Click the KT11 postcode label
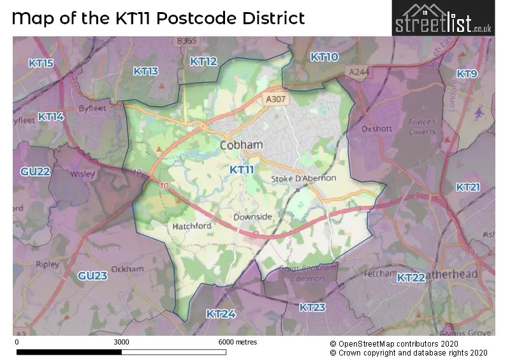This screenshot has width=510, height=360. pyautogui.click(x=242, y=169)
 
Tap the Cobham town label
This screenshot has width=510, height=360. pyautogui.click(x=241, y=145)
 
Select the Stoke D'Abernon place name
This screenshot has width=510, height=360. pyautogui.click(x=303, y=178)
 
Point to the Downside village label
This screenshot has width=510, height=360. pyautogui.click(x=252, y=217)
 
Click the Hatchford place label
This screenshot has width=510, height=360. pyautogui.click(x=191, y=226)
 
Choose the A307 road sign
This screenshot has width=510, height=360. pyautogui.click(x=275, y=99)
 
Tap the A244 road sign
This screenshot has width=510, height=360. pyautogui.click(x=358, y=73)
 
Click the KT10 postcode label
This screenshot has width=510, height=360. pyautogui.click(x=324, y=57)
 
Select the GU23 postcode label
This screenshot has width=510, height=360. pyautogui.click(x=92, y=276)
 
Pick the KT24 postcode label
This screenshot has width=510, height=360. pyautogui.click(x=221, y=313)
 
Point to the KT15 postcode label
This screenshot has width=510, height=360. pyautogui.click(x=41, y=63)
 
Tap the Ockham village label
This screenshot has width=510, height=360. pyautogui.click(x=123, y=270)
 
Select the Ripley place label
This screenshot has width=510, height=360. pyautogui.click(x=48, y=264)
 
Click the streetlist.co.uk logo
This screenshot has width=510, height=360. pyautogui.click(x=442, y=18)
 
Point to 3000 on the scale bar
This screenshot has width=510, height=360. pyautogui.click(x=121, y=342)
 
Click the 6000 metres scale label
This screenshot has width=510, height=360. pyautogui.click(x=237, y=342)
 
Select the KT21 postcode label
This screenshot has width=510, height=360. pyautogui.click(x=468, y=187)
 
